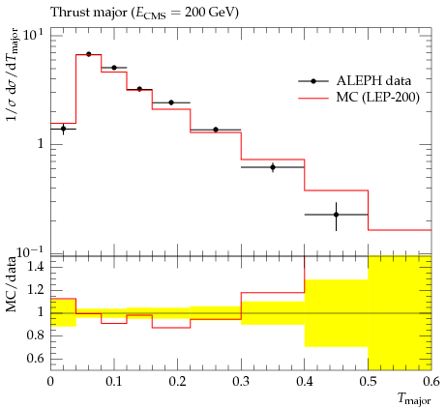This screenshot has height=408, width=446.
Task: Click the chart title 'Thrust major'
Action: (x=89, y=13)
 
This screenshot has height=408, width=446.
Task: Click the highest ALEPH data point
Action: (x=89, y=54)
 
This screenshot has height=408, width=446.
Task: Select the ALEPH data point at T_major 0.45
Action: (x=337, y=215)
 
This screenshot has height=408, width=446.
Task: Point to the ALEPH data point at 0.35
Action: (x=273, y=167)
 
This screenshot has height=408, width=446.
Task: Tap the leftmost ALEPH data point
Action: (x=63, y=129)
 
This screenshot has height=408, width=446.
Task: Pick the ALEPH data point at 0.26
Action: (x=216, y=130)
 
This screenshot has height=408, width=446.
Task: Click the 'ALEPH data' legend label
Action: (x=373, y=81)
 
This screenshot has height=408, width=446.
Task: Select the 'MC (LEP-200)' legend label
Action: (x=378, y=97)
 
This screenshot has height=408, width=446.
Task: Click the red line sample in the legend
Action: (x=313, y=98)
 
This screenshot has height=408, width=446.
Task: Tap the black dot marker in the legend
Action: (x=313, y=81)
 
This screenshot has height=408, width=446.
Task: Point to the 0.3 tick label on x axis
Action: (x=241, y=382)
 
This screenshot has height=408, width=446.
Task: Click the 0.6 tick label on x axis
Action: (x=431, y=382)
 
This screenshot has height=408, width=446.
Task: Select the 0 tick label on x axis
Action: (x=50, y=382)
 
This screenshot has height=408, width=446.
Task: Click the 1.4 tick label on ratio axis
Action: (x=36, y=267)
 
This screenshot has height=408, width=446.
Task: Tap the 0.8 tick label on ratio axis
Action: (x=36, y=335)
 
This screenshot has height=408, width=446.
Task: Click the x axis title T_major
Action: (x=414, y=399)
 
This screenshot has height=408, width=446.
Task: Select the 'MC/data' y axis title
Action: (x=11, y=284)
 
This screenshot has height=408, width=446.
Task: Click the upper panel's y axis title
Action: (x=13, y=74)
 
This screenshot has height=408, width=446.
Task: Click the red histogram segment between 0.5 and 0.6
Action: (x=400, y=230)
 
